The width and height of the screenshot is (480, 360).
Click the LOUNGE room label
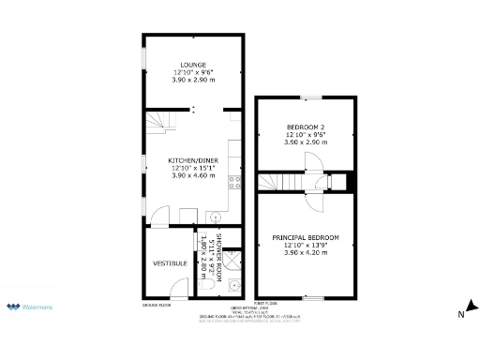click(193, 65)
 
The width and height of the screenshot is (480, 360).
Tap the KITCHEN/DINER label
click(193, 159)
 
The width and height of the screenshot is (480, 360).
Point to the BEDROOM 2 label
click(306, 127)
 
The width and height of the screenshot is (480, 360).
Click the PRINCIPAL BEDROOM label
click(306, 237)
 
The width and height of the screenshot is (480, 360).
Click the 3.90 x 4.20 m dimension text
click(306, 253)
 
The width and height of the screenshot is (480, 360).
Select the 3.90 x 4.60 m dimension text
click(193, 175)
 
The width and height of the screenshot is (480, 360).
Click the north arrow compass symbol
click(472, 310)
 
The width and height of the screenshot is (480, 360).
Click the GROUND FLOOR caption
click(156, 306)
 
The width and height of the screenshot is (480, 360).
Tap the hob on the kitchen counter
click(236, 180)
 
